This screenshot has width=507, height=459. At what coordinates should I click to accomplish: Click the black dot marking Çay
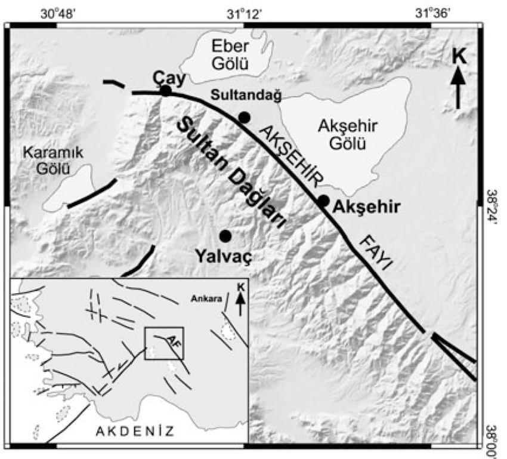coord(166,91)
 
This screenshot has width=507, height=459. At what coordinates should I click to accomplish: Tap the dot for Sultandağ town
coord(243,117)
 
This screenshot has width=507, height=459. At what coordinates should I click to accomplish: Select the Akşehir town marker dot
coord(323,201)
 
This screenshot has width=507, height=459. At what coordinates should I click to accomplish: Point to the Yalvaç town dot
coord(225,235)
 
